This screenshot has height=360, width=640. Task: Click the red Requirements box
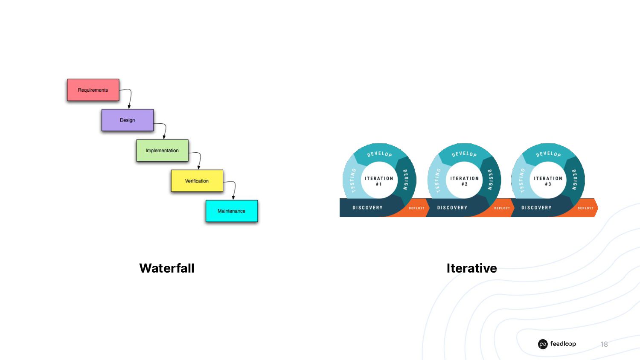93,90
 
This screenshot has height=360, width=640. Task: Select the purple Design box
128,120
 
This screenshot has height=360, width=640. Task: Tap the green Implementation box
162,151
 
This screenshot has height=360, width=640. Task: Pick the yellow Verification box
197,181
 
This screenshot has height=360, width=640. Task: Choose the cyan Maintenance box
232,211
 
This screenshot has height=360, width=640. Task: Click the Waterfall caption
167,268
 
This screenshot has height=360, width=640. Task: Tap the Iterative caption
471,268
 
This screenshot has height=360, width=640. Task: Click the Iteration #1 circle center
379,181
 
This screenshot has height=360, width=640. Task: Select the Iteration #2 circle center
464,181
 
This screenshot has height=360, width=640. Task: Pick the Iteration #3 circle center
548,181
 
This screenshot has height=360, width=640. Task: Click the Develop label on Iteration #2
464,154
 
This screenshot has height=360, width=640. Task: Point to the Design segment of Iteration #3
575,180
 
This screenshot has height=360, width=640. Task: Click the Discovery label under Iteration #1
367,208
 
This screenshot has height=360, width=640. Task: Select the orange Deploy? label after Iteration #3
585,208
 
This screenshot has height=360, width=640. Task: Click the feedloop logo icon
543,344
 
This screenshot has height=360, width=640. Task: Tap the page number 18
604,344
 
